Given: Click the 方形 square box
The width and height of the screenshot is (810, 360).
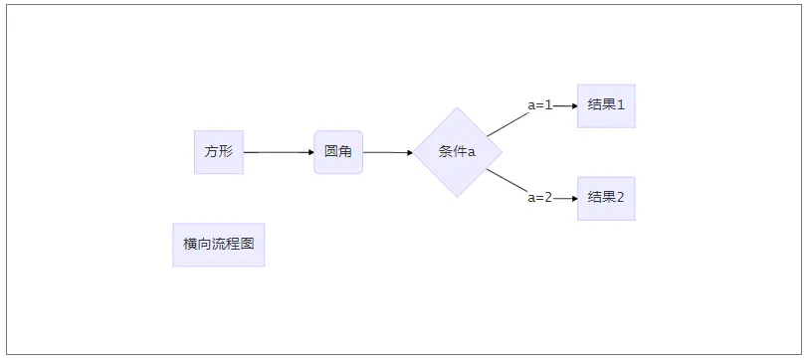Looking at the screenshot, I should (x=218, y=152).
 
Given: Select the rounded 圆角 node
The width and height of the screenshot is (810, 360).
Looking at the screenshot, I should (x=338, y=152).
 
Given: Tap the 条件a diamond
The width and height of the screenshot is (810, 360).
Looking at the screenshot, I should (x=458, y=152).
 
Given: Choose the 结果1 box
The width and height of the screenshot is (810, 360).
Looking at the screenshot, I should (x=606, y=105).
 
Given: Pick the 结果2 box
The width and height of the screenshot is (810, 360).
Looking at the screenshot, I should (x=606, y=198).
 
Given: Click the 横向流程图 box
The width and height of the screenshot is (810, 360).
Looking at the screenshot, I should (x=218, y=245).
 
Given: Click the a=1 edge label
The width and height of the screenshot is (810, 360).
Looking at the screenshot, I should (x=539, y=105).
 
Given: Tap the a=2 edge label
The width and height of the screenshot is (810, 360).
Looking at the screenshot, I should (x=539, y=198).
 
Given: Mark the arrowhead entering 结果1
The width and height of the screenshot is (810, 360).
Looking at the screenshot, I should (x=573, y=105).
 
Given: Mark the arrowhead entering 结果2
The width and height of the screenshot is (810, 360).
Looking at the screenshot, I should (x=573, y=198).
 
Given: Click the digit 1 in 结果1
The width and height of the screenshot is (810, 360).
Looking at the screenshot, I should (x=621, y=105).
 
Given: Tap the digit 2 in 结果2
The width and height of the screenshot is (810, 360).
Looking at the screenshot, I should (x=621, y=198).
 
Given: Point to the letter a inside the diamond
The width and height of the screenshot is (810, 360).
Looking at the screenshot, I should (x=472, y=153).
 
